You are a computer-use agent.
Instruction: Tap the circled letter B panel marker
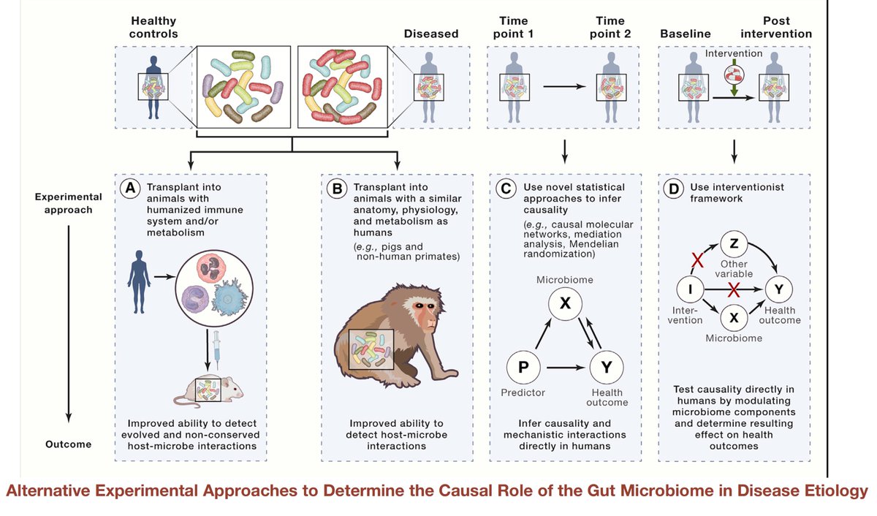(337, 189)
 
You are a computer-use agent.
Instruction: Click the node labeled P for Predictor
(523, 367)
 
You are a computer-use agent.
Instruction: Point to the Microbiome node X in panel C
(565, 303)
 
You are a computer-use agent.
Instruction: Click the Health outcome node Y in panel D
(780, 289)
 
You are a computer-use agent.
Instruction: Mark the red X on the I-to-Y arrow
(733, 290)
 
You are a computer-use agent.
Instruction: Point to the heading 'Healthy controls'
(153, 26)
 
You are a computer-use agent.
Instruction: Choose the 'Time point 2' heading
(610, 26)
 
